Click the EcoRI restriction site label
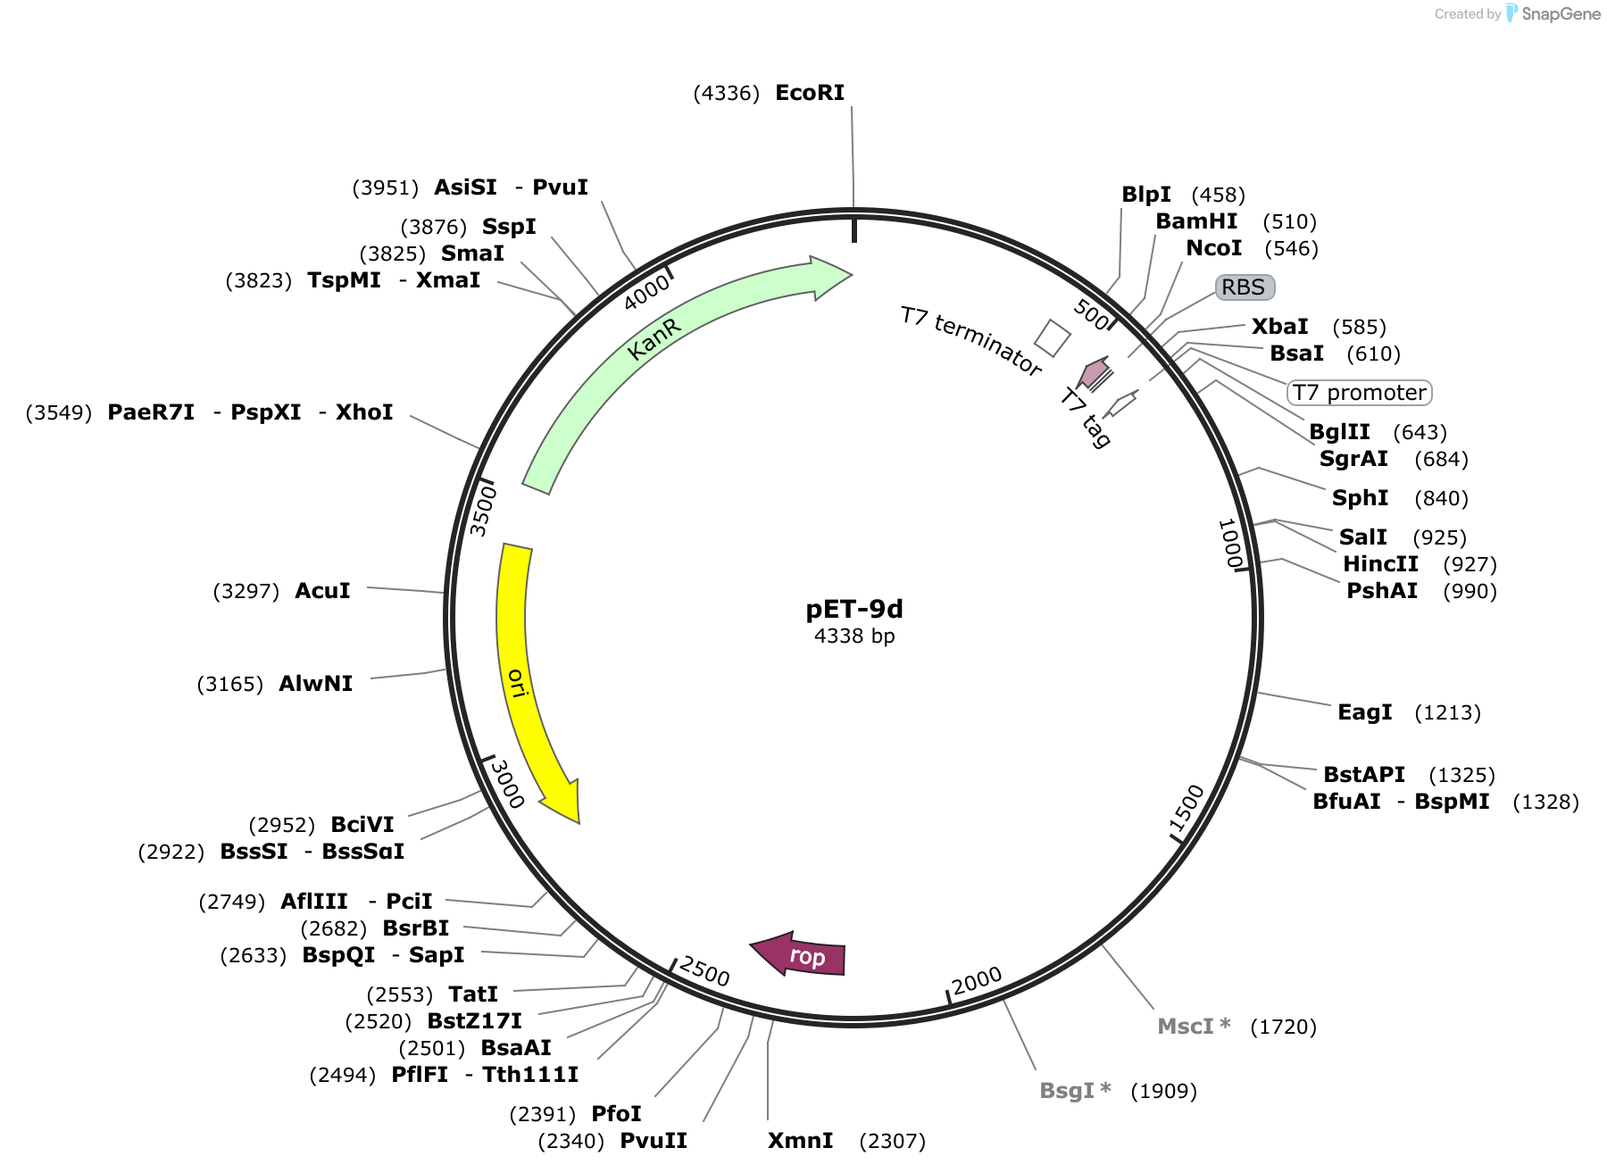[x=810, y=93]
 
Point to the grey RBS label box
[x=1245, y=287]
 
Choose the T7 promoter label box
[x=1359, y=392]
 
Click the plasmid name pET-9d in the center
[x=854, y=609]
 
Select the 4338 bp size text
[x=854, y=636]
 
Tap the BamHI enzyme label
[x=1196, y=221]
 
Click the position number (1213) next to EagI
[x=1447, y=712]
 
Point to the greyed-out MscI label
[x=1194, y=1027]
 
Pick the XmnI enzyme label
[x=801, y=1141]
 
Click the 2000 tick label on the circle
[x=977, y=981]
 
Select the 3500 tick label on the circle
[x=483, y=510]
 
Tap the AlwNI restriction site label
[x=316, y=684]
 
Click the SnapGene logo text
[x=1561, y=13]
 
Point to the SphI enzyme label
[x=1360, y=498]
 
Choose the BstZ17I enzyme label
[x=474, y=1021]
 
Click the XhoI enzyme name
[x=364, y=412]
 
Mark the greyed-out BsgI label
[x=1075, y=1091]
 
